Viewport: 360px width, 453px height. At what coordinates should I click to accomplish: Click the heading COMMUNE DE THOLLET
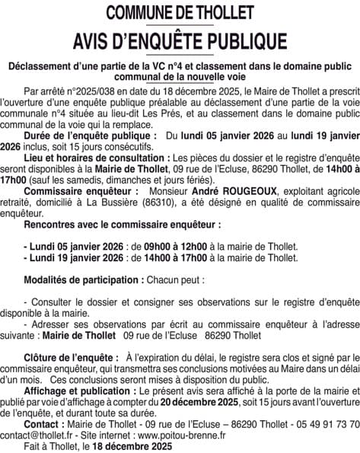pos(180,13)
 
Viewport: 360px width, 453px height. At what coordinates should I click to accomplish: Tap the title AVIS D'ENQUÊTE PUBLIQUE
pos(180,40)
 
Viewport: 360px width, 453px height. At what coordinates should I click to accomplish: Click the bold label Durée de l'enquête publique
pos(91,132)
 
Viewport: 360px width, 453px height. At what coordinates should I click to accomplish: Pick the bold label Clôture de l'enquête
pos(71,335)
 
